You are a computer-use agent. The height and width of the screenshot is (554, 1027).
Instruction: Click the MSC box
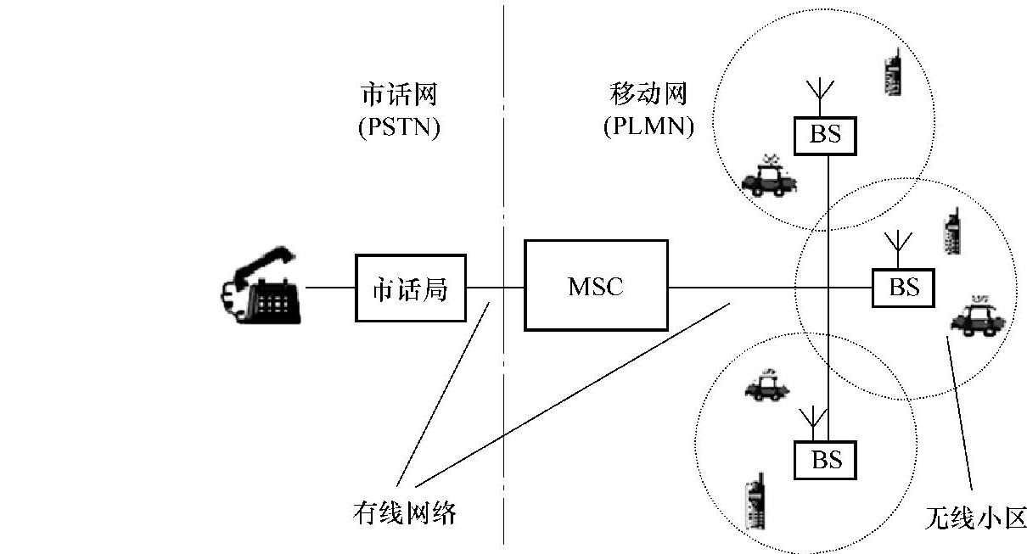coord(596,286)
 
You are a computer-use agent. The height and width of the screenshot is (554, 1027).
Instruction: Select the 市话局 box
coord(410,288)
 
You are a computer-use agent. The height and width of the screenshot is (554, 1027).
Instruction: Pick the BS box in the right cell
coord(903,288)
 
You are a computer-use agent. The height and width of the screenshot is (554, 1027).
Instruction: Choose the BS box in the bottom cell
coord(826,460)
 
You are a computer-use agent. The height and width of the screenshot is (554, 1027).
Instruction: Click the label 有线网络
coord(405,513)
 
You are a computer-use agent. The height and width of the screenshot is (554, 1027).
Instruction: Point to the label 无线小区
coord(975,517)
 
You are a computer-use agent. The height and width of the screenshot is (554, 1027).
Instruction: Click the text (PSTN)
coord(398,128)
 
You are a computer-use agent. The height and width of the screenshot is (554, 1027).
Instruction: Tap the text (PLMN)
coord(649,128)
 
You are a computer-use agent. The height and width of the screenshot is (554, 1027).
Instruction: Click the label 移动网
coord(649,93)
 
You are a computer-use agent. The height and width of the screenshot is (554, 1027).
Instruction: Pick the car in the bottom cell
coord(766,387)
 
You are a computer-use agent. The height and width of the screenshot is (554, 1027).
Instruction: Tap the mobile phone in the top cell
coord(891,72)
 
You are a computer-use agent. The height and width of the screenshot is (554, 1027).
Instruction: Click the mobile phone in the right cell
coord(951,233)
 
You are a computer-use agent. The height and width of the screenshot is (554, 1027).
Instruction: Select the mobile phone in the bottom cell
coord(752,504)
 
